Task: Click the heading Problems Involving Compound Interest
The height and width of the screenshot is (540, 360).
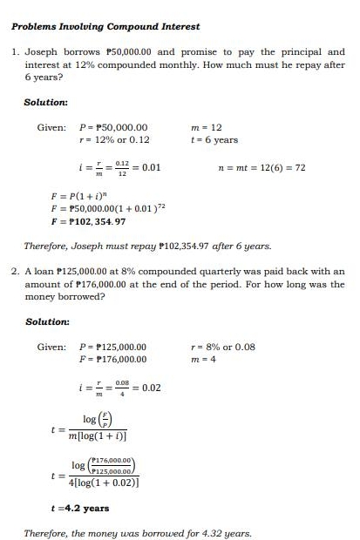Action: (x=105, y=26)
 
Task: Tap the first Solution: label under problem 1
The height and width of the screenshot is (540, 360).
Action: (x=46, y=102)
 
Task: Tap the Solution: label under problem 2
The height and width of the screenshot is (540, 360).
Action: (x=46, y=321)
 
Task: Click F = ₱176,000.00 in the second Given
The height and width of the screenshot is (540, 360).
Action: (x=113, y=359)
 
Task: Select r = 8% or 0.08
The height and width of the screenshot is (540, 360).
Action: (x=222, y=347)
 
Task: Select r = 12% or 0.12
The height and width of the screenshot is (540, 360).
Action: (x=114, y=139)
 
